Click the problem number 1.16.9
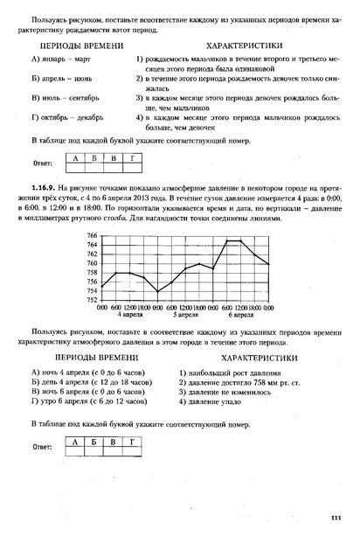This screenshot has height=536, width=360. [x=42, y=187]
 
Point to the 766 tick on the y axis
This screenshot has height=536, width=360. [x=92, y=236]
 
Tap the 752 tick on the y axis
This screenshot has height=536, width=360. [x=92, y=300]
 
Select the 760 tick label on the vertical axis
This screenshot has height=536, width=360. [x=92, y=263]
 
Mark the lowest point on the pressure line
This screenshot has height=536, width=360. [x=158, y=291]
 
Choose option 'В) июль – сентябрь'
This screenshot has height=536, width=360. [x=68, y=96]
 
